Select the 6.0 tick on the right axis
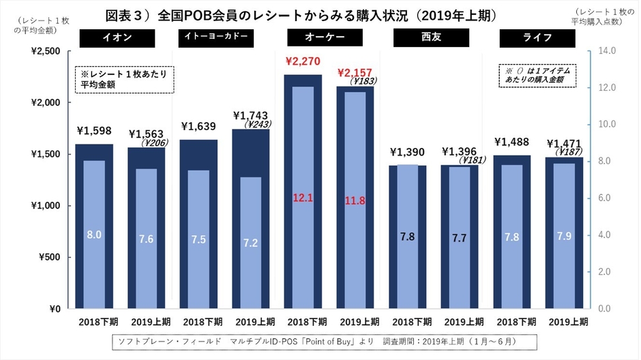coord(606,198)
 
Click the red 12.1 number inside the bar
coord(303,198)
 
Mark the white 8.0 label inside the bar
coord(93,235)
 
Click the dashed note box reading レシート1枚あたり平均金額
coord(123,79)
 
